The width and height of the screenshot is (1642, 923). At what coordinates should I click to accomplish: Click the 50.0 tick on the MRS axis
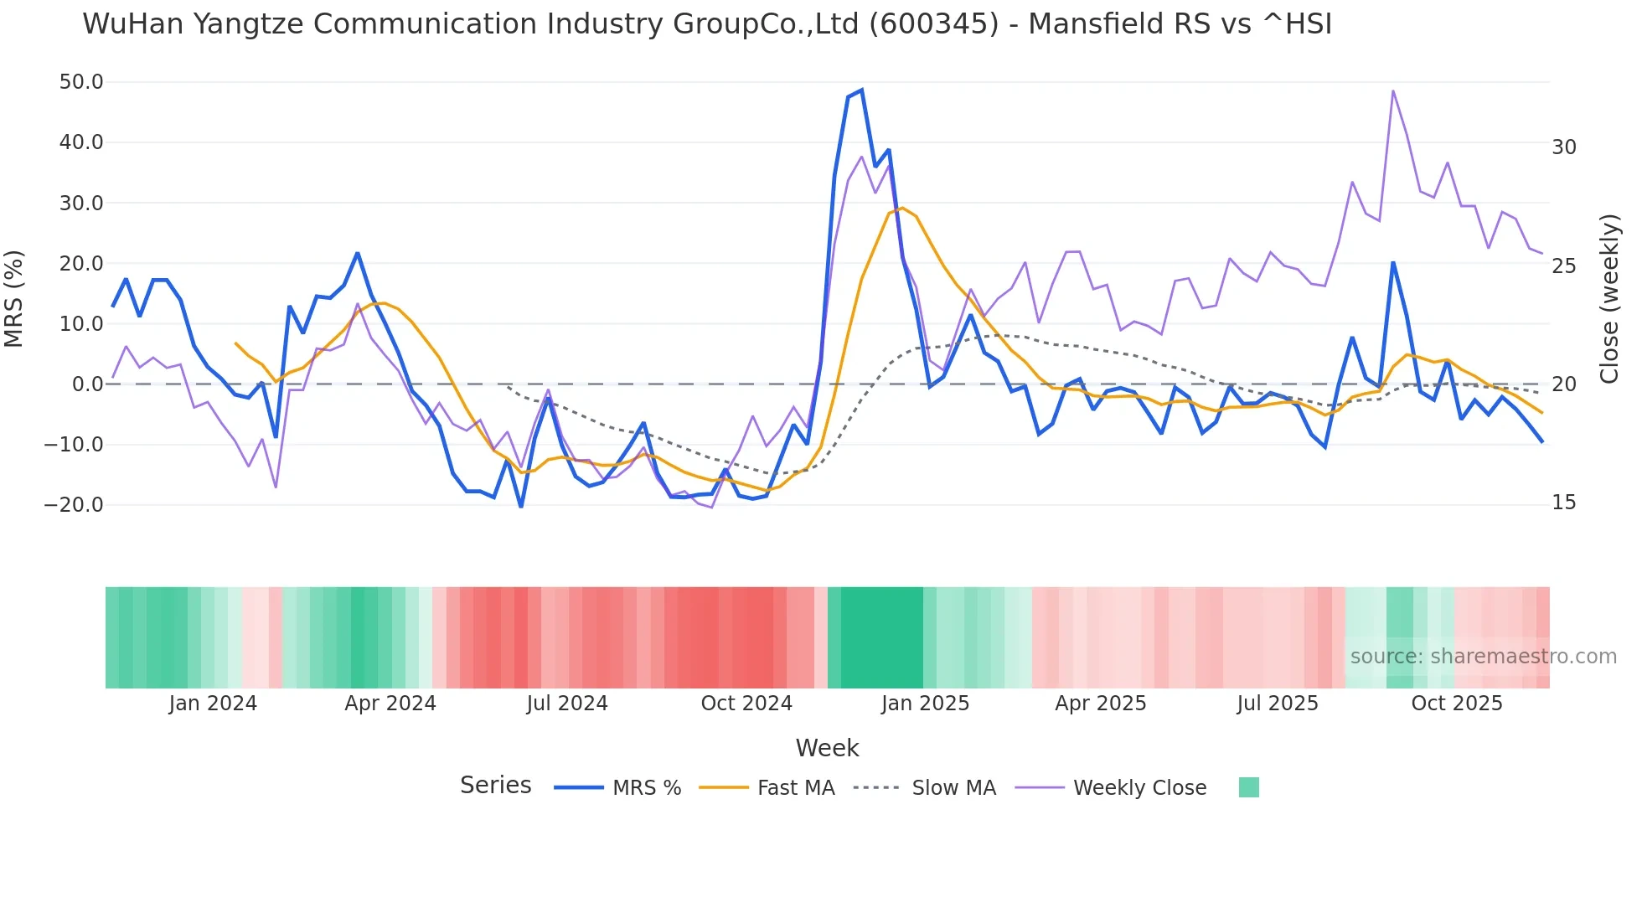pyautogui.click(x=81, y=82)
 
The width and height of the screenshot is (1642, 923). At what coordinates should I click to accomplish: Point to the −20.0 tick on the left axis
pyautogui.click(x=74, y=505)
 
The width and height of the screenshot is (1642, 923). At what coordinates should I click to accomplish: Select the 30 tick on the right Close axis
pyautogui.click(x=1564, y=147)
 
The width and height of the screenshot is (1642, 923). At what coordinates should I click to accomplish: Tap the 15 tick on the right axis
pyautogui.click(x=1564, y=503)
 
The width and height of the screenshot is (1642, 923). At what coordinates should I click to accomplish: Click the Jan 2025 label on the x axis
pyautogui.click(x=925, y=704)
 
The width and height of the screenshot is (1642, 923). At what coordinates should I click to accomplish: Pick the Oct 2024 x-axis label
pyautogui.click(x=746, y=704)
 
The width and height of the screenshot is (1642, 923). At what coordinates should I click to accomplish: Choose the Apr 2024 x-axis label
pyautogui.click(x=390, y=704)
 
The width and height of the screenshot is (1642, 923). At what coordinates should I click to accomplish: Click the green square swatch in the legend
pyautogui.click(x=1248, y=787)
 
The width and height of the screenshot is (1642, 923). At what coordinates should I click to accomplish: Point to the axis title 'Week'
pyautogui.click(x=827, y=748)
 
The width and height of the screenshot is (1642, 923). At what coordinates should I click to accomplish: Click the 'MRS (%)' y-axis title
pyautogui.click(x=14, y=298)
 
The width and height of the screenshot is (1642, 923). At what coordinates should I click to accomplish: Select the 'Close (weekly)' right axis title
pyautogui.click(x=1609, y=298)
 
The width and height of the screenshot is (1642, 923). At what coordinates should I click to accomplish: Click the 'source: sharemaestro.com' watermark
pyautogui.click(x=1483, y=657)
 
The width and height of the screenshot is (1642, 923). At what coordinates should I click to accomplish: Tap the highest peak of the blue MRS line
pyautogui.click(x=861, y=90)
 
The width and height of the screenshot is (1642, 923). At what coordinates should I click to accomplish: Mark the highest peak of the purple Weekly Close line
pyautogui.click(x=1392, y=91)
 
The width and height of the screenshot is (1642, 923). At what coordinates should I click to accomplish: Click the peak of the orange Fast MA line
pyautogui.click(x=902, y=208)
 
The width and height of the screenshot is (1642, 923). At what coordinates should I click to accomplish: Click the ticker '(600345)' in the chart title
pyautogui.click(x=933, y=24)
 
